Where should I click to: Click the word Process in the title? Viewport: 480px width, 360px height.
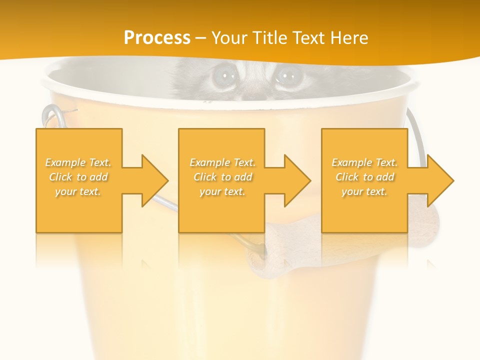(157, 38)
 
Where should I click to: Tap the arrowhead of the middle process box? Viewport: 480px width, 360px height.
(297, 180)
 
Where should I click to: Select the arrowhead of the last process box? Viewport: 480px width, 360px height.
(440, 180)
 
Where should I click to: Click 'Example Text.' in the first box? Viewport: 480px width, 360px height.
(78, 162)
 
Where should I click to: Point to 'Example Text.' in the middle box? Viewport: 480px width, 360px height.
(222, 162)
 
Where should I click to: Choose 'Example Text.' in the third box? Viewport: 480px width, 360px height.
(364, 162)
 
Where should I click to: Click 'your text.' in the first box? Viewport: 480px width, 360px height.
(78, 191)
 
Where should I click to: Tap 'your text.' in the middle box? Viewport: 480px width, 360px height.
(222, 191)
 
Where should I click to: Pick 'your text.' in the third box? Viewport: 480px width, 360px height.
(364, 191)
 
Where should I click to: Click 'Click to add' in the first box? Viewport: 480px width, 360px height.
(78, 177)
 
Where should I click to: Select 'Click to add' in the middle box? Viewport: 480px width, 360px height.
(222, 177)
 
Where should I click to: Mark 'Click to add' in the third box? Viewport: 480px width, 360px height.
(365, 177)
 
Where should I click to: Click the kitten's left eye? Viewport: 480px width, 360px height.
(223, 76)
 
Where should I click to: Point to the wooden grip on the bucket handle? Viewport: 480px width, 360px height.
(280, 250)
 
